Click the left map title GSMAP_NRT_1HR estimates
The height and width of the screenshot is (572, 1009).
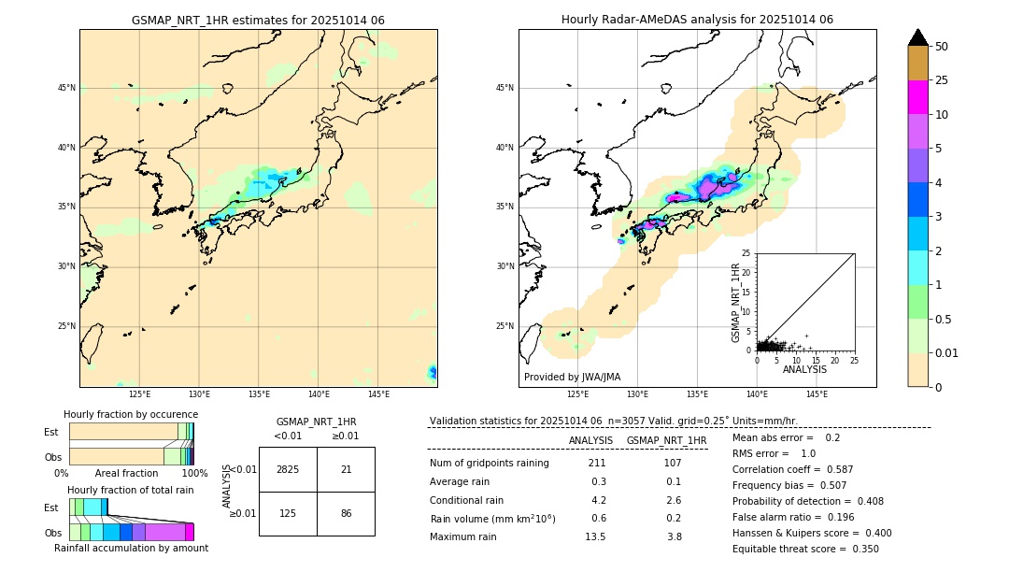coord(258,20)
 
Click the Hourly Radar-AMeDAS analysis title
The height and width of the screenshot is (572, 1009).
coord(697,20)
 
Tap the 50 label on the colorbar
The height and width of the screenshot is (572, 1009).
coord(942,47)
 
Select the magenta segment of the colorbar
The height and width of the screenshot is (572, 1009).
coord(917,97)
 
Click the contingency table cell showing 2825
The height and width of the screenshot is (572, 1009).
coord(288,469)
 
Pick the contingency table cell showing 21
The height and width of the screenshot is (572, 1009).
coord(346,469)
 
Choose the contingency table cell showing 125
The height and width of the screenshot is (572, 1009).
coord(288,513)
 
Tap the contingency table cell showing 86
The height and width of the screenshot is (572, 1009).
coord(346,513)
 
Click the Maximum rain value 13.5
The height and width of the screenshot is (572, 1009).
coord(595,536)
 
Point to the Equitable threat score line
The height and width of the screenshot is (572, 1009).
coord(805,549)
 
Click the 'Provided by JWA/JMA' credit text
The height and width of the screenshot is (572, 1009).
coord(572,377)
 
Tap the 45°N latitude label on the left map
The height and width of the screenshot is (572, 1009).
coord(66,88)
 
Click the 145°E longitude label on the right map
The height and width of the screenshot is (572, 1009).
coord(817,394)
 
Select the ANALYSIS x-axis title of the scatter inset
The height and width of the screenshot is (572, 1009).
coord(804,369)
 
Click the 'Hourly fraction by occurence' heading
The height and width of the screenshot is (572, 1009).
coord(131,414)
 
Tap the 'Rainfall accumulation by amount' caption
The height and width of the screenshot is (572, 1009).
coord(131,548)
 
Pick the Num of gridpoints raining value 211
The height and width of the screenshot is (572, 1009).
coord(597,463)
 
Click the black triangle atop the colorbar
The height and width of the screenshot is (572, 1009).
coord(917,37)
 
